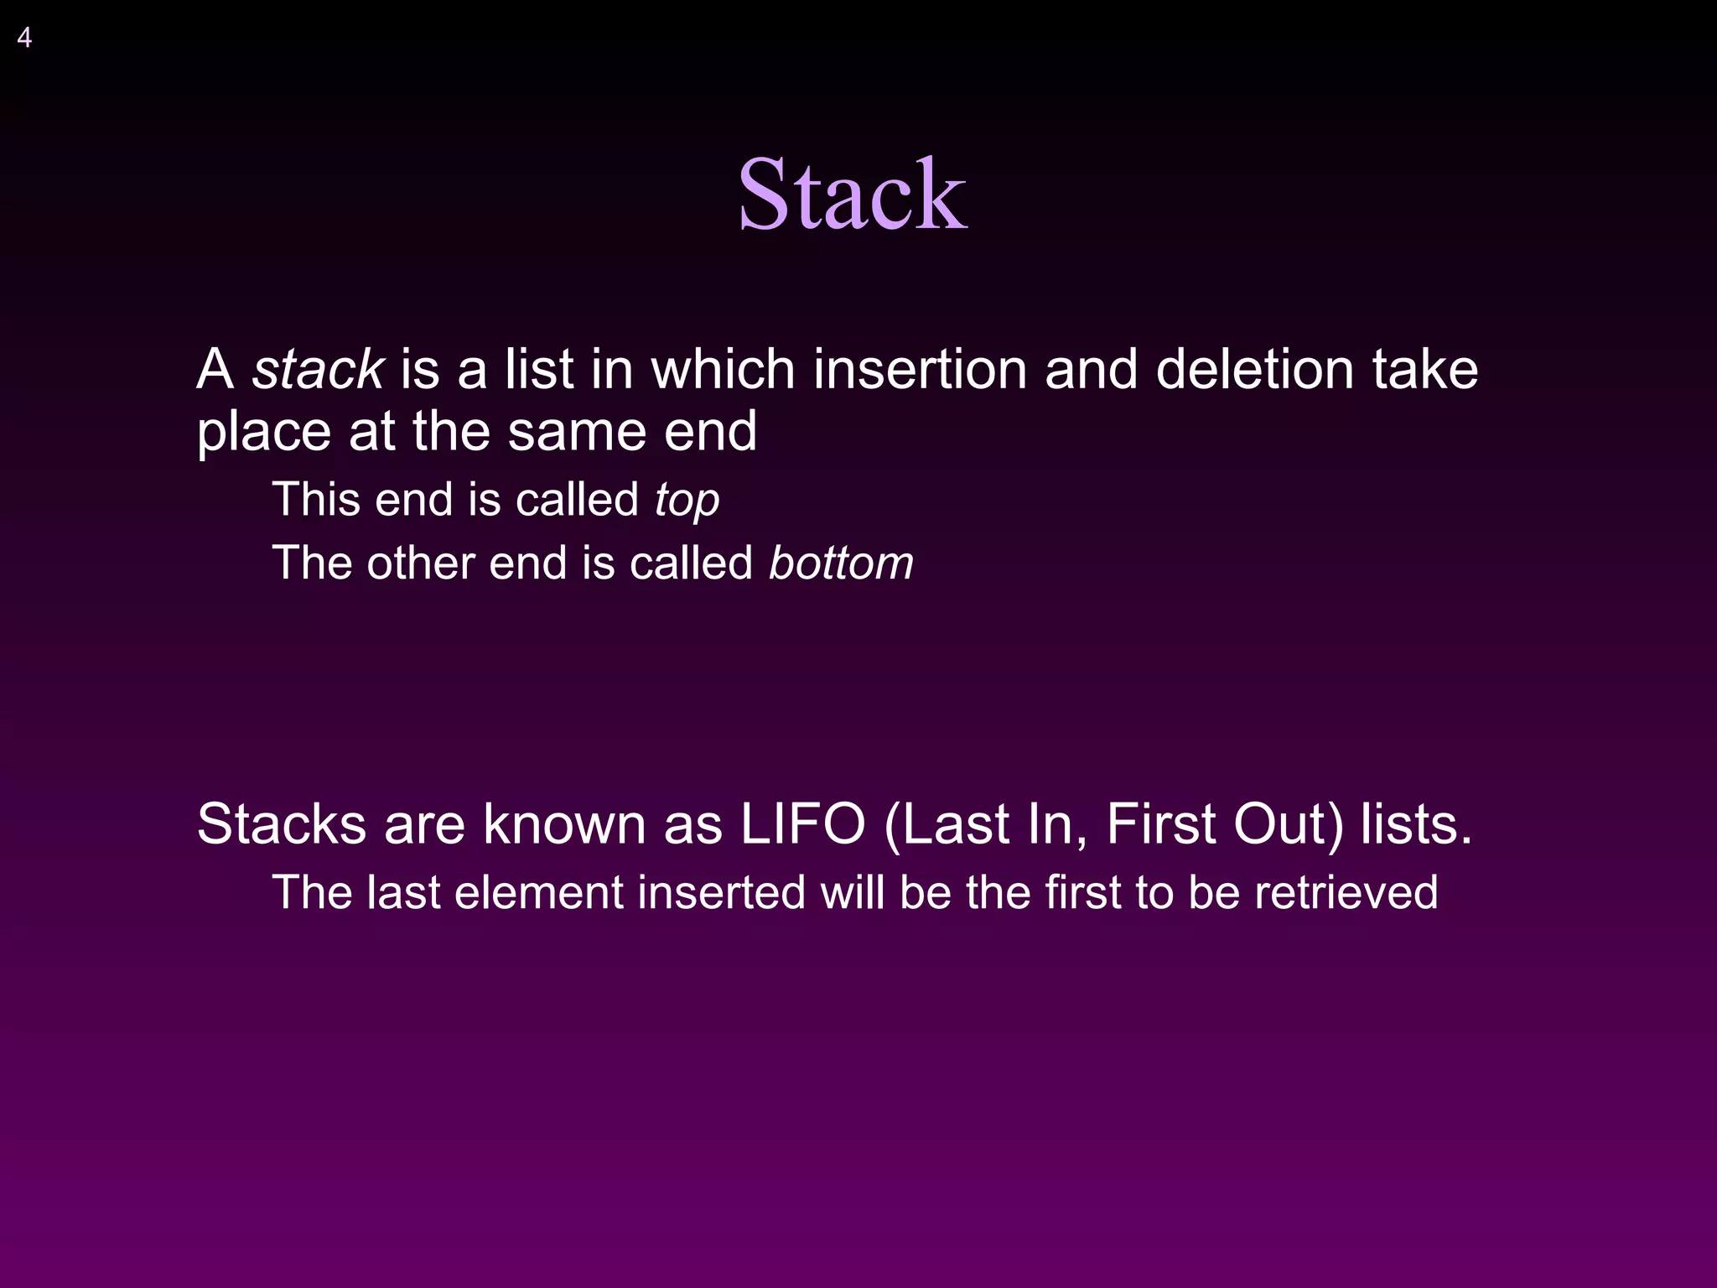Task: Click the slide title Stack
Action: (852, 195)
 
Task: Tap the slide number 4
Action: (24, 39)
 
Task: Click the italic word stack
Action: (318, 370)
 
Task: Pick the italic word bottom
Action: (841, 563)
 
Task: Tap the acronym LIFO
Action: (802, 824)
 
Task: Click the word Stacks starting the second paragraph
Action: (282, 824)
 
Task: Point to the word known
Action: (563, 824)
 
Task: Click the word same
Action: (577, 432)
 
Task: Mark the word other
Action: (422, 563)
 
